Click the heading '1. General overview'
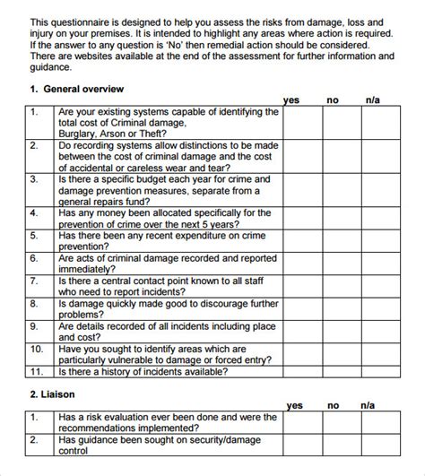pos(77,90)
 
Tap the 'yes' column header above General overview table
pos(292,100)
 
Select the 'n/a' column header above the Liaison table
pos(368,405)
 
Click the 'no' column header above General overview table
pos(333,100)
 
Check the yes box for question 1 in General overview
pos(303,122)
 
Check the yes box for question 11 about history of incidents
pos(303,369)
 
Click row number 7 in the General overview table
pos(34,281)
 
